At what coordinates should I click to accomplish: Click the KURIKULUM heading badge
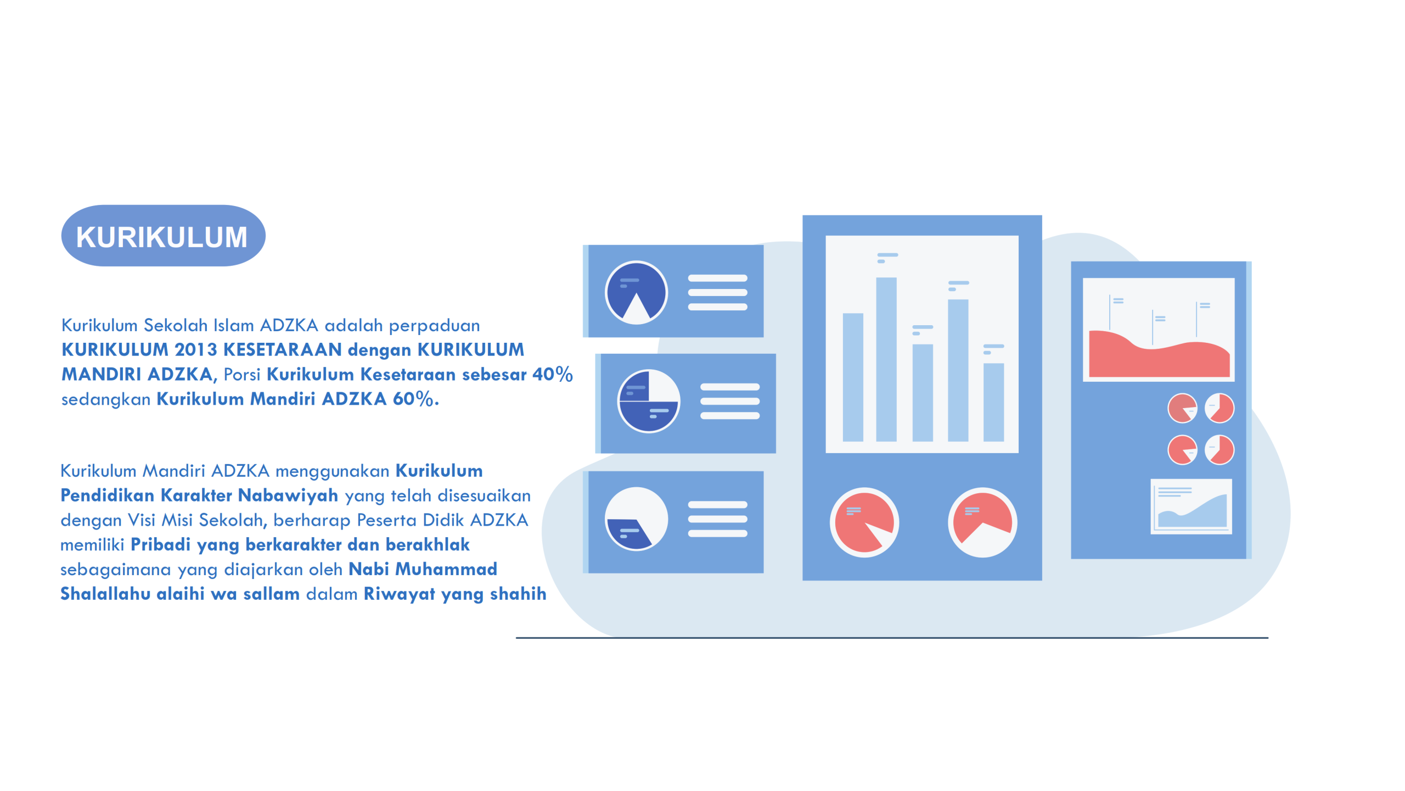(x=163, y=236)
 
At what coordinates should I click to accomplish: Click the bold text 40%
(x=552, y=374)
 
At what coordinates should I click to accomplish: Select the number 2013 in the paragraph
(x=195, y=349)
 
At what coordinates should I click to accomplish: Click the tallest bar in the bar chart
(x=886, y=359)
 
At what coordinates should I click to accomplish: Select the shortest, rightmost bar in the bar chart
(x=993, y=402)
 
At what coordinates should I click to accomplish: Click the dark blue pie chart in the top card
(x=636, y=292)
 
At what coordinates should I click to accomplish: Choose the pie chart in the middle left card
(x=648, y=401)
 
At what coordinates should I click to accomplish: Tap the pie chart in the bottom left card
(x=636, y=519)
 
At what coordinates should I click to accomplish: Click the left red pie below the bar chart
(x=864, y=522)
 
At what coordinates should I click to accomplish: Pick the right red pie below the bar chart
(x=982, y=522)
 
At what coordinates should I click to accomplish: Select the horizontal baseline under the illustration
(x=892, y=638)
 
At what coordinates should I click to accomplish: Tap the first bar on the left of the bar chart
(x=853, y=377)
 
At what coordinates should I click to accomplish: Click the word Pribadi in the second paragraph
(x=160, y=544)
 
